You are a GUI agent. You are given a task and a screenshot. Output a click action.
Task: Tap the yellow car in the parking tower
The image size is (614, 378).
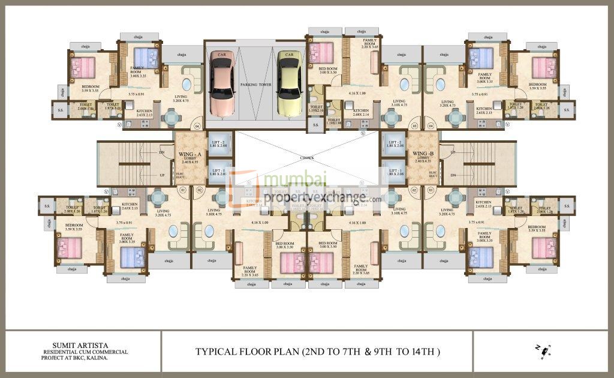(289, 83)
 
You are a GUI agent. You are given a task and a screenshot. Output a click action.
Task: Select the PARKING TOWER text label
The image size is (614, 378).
(256, 85)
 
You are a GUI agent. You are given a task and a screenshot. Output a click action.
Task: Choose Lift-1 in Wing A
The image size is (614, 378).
(219, 173)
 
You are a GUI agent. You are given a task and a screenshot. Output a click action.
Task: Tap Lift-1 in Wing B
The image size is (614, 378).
(395, 173)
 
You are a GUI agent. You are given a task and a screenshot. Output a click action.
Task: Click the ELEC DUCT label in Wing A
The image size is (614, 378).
(179, 176)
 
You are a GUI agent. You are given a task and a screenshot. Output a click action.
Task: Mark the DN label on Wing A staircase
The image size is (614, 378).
(161, 152)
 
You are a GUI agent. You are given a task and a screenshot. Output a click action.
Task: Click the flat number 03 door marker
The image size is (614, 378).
(414, 127)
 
